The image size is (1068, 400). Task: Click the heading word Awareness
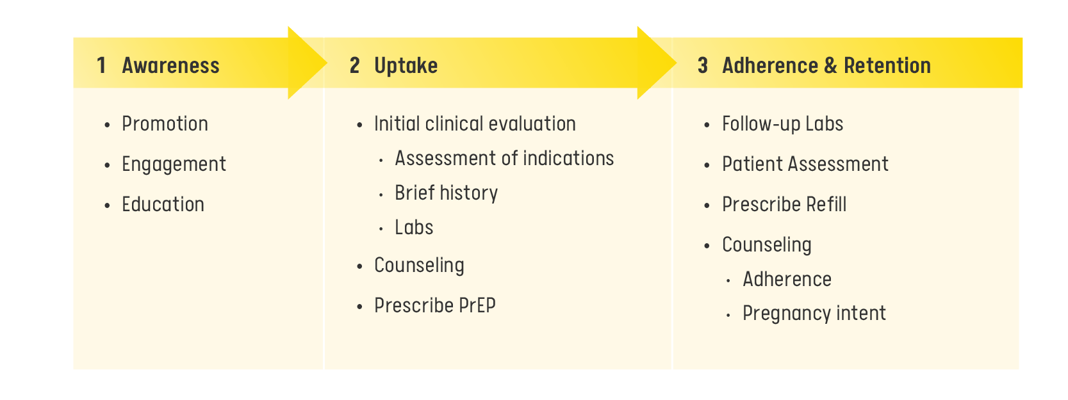coord(170,65)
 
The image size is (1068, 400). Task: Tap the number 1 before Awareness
coord(101,65)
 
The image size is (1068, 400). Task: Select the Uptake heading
coord(406,66)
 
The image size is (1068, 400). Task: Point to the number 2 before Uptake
coord(354,65)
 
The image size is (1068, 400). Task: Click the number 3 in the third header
coord(702,65)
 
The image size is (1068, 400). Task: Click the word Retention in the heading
coord(887,65)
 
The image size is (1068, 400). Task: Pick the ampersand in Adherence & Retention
coord(830,65)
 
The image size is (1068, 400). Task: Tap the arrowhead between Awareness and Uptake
coord(307,63)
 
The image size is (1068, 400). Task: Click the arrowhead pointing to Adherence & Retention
coord(657,63)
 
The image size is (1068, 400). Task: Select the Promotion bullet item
coord(165,124)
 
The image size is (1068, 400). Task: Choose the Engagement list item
coord(174,164)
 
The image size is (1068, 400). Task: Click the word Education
coord(163,204)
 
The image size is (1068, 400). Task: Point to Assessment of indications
coord(504,158)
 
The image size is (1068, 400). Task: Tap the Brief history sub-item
coord(447,193)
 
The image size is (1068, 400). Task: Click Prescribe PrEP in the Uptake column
coord(435,305)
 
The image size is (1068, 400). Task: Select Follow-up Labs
coord(782,124)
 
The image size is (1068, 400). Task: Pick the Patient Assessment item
coord(805,164)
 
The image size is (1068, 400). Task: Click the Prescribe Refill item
coord(784,204)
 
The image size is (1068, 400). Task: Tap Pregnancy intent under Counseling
coord(814,314)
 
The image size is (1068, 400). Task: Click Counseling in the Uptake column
coord(419,266)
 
